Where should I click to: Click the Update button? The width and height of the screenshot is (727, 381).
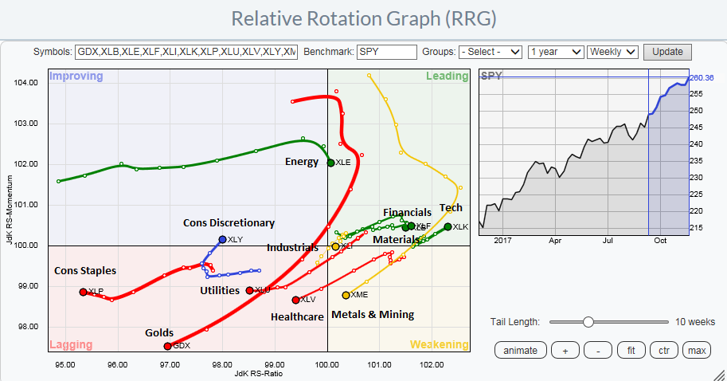667,52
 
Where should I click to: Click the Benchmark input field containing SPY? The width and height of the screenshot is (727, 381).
387,52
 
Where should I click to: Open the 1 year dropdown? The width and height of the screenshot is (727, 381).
555,52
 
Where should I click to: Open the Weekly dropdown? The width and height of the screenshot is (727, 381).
612,52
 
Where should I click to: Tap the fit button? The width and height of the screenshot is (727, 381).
631,350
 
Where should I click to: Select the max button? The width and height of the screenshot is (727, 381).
698,350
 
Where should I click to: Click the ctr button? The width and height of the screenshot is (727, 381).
663,350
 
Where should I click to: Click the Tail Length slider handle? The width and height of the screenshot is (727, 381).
588,321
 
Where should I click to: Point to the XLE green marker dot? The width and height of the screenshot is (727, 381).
331,163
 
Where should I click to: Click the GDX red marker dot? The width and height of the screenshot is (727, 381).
167,346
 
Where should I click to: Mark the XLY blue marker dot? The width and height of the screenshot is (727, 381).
222,239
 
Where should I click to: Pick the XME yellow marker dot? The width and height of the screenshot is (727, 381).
346,295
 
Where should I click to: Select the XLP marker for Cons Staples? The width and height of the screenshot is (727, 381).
83,292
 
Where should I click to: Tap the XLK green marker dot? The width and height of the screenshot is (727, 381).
448,227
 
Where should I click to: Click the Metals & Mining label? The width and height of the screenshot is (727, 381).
373,314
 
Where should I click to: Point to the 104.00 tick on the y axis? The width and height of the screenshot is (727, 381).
26,83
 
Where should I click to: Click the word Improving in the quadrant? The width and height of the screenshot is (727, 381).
76,77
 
